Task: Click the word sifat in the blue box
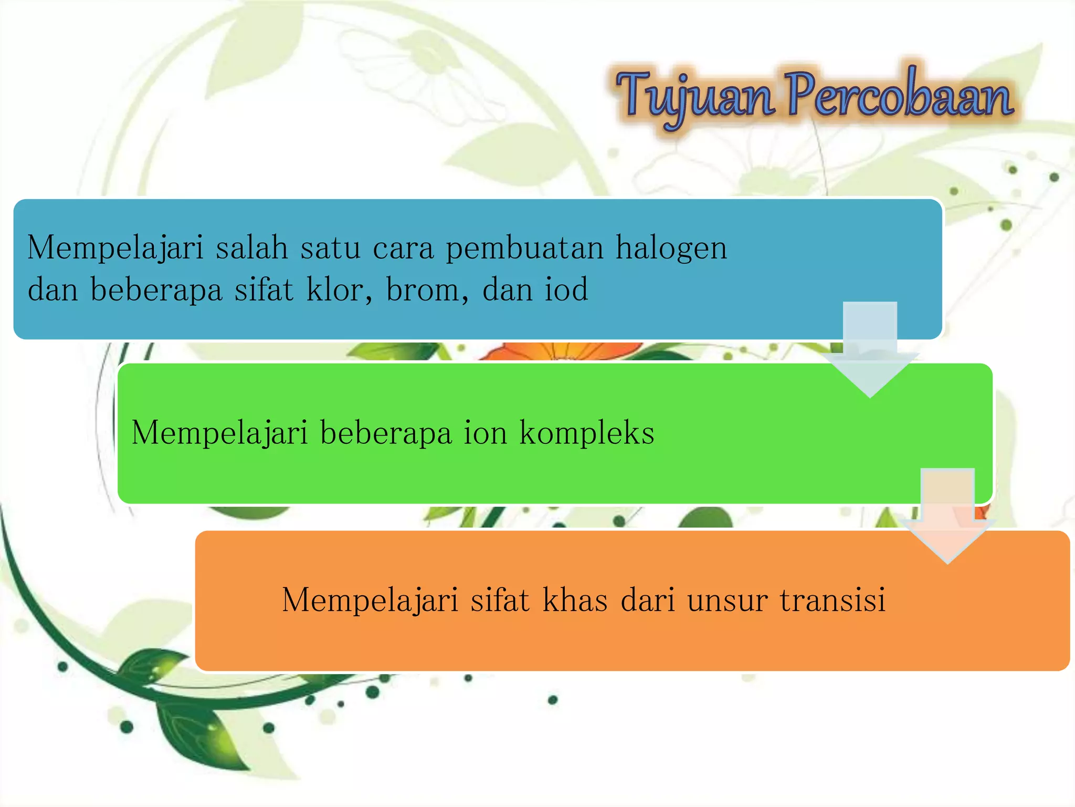click(x=263, y=289)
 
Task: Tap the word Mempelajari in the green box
click(x=219, y=433)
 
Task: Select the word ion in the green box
click(x=485, y=433)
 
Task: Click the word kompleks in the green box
click(x=587, y=433)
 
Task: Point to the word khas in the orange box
click(x=575, y=600)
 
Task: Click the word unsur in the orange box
click(x=728, y=600)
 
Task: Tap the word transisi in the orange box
click(x=832, y=600)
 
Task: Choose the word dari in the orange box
click(x=648, y=600)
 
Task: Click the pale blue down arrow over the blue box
click(x=870, y=347)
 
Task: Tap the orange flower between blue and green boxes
click(x=562, y=351)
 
